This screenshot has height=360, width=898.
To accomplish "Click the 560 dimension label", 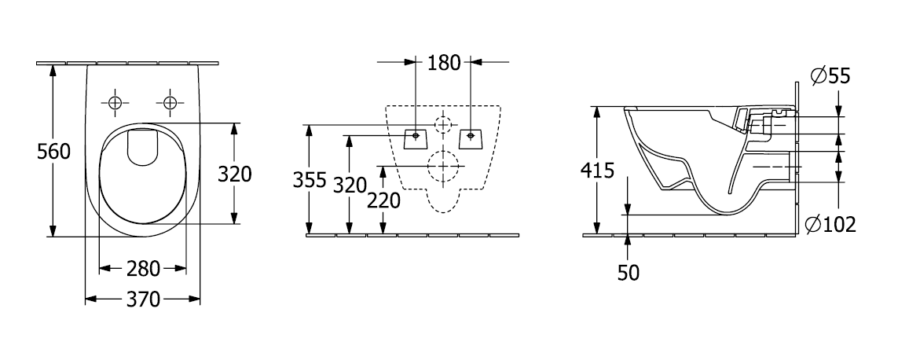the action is tap(54, 152).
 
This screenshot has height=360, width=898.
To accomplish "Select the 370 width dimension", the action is tap(143, 299).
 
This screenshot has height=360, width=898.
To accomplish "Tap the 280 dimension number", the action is tap(143, 268).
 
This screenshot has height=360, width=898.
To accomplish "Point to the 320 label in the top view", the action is tap(235, 174).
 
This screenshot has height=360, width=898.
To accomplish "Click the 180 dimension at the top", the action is tap(445, 62).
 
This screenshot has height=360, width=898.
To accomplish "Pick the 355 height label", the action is tap(310, 180).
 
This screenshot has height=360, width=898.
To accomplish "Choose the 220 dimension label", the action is tap(383, 200).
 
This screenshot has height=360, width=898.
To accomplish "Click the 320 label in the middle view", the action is tap(350, 186).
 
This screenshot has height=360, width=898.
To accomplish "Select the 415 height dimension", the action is tap(597, 171).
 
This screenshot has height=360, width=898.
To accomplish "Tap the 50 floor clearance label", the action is tap(629, 273).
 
